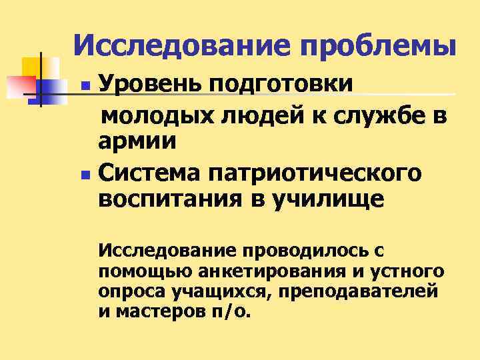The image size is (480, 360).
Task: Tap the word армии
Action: click(x=137, y=141)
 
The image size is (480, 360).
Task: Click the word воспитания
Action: click(x=169, y=200)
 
